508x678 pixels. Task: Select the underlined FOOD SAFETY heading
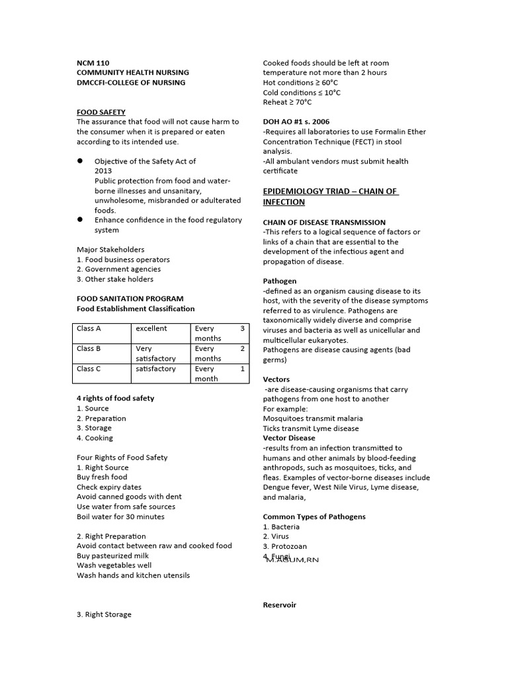coord(101,112)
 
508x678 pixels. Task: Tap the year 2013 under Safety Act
coord(103,171)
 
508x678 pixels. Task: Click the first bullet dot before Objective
coord(80,161)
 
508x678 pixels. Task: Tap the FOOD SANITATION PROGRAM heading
coord(130,299)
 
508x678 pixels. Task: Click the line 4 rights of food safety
coord(115,398)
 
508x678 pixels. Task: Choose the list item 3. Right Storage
coord(104,614)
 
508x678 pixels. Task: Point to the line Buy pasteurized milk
coord(112,556)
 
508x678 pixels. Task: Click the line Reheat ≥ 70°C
coord(287,102)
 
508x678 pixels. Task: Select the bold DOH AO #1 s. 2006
coord(296,122)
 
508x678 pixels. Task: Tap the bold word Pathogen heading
coord(280,281)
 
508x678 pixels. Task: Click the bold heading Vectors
coord(276,379)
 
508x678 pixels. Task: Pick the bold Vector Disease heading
coord(289,438)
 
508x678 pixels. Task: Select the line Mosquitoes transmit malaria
coord(312,418)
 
